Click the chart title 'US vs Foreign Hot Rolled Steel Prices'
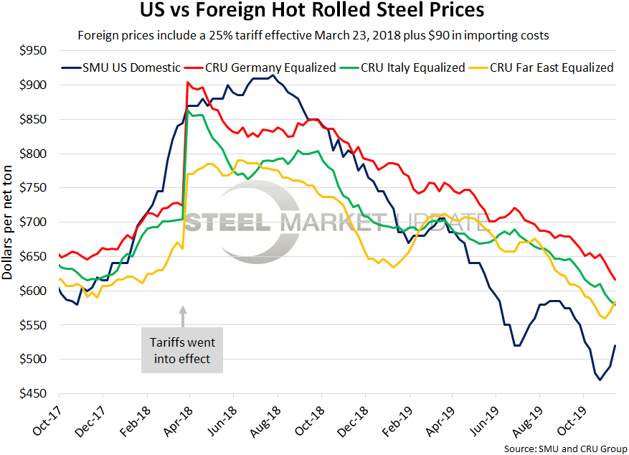[x=314, y=12]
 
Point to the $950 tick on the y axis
[x=32, y=51]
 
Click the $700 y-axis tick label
[x=32, y=222]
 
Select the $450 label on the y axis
[x=32, y=394]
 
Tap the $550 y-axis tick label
[x=32, y=325]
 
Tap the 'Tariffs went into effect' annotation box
[x=182, y=351]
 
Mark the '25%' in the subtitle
[x=225, y=34]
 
